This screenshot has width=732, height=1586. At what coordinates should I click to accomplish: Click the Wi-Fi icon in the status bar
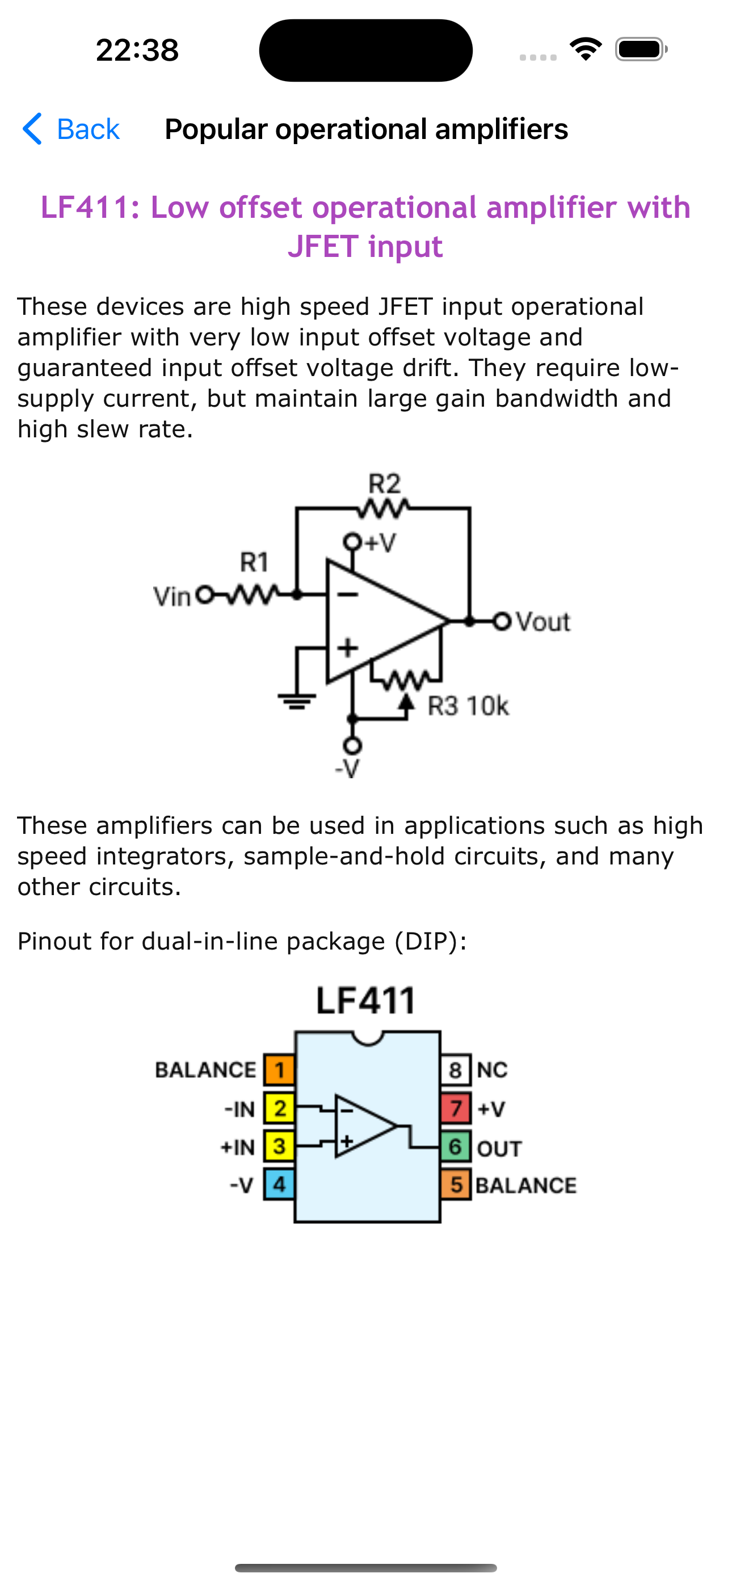(x=586, y=49)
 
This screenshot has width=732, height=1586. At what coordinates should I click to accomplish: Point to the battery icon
(x=641, y=49)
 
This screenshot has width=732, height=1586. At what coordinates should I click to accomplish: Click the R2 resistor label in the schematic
(x=385, y=484)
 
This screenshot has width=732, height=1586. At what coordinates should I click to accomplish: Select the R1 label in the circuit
(x=254, y=562)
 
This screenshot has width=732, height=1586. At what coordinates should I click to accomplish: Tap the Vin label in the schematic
(x=172, y=597)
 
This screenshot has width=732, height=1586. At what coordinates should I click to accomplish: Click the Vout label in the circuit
(x=543, y=622)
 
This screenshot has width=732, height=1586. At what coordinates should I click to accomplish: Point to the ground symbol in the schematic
(x=297, y=701)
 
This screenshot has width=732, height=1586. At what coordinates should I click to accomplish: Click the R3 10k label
(x=468, y=706)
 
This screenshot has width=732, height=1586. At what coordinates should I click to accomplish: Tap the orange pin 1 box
(x=280, y=1070)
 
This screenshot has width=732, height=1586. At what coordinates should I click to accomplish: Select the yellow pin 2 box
(x=280, y=1108)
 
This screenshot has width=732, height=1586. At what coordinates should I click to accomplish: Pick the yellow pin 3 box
(x=280, y=1146)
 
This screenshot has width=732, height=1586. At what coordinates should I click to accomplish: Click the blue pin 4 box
(x=280, y=1184)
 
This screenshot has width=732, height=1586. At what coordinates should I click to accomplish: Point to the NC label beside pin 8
(x=493, y=1070)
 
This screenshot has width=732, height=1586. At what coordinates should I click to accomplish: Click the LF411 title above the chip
(x=366, y=1001)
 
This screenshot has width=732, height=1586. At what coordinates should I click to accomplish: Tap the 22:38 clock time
(x=137, y=50)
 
